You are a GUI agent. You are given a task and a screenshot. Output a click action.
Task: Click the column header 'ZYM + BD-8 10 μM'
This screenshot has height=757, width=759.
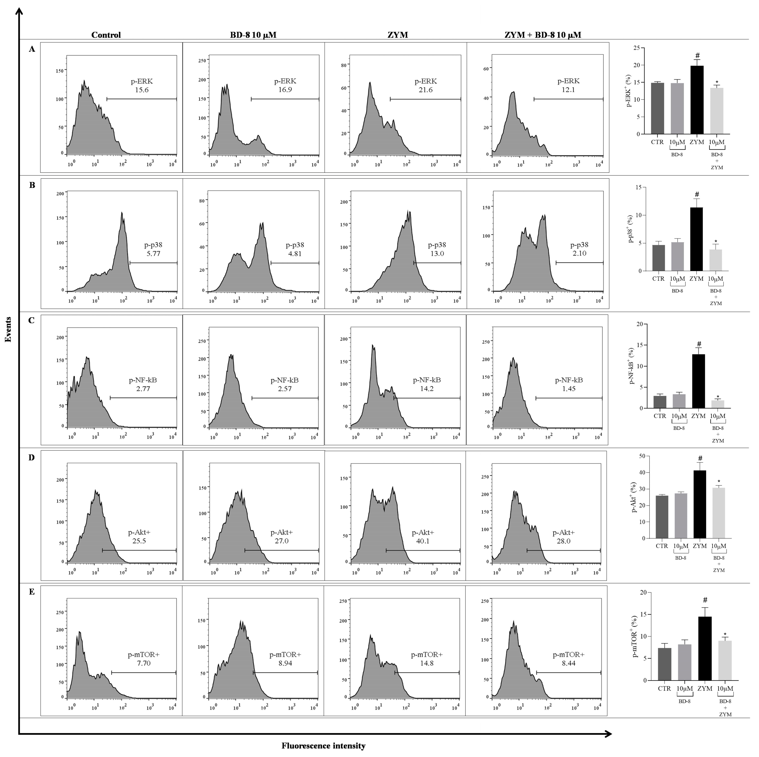[543, 35]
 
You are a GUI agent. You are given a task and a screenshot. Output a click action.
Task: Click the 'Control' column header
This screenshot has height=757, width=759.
[106, 35]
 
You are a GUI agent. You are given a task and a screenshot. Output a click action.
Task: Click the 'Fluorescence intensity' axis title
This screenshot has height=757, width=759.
[323, 746]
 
